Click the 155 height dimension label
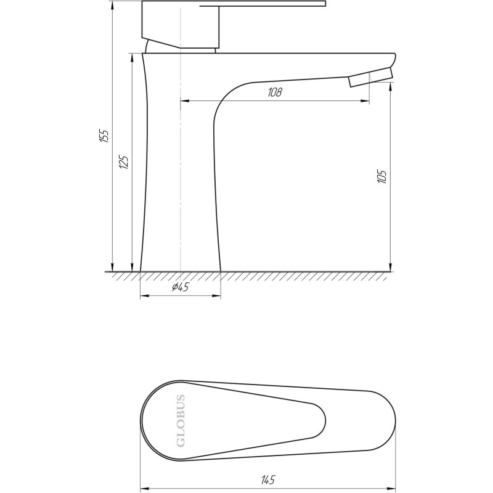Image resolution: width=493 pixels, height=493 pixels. (x=104, y=136)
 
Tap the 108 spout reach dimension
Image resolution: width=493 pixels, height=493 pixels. (x=274, y=92)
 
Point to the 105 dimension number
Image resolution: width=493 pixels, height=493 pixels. (x=383, y=177)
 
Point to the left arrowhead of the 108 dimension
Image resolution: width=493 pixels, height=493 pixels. (x=184, y=100)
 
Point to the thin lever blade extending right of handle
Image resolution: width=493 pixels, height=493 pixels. (x=271, y=6)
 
